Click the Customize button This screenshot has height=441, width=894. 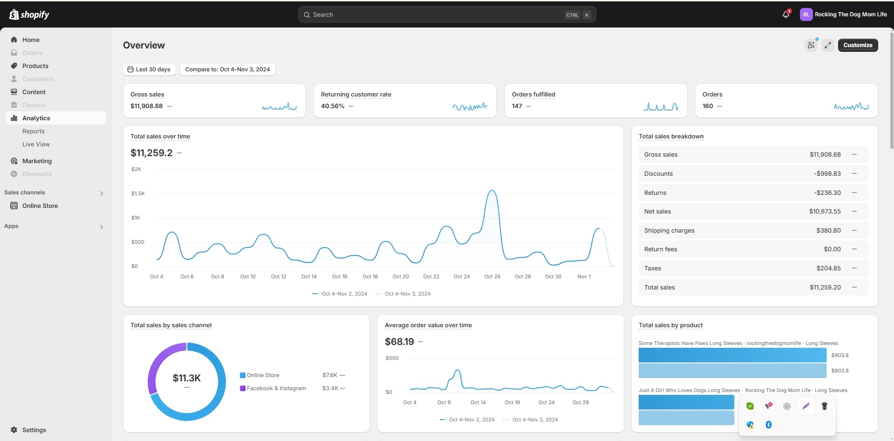pos(858,45)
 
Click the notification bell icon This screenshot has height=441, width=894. pos(786,14)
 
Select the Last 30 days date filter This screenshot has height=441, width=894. pos(149,69)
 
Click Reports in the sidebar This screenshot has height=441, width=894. pos(34,131)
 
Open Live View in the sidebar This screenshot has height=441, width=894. pos(36,145)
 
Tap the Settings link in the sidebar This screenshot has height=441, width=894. pos(34,430)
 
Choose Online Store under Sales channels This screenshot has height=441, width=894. pos(40,206)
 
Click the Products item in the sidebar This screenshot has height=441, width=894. pos(35,66)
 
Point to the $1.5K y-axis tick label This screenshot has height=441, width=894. pos(138,193)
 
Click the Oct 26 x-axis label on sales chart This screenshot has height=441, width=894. pos(492,276)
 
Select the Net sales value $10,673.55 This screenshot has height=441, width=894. pos(825,212)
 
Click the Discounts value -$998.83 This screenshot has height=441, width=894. pos(827,174)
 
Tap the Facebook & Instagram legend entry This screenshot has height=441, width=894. pos(276,388)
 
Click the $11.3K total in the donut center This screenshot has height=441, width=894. pos(186,378)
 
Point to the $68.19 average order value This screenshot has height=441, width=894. pos(399,342)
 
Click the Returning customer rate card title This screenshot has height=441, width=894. pos(356,95)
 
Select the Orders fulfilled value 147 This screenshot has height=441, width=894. pos(517,106)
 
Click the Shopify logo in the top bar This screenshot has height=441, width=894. pos(29,15)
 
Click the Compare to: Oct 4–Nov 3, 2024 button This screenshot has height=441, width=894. pos(227,69)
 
